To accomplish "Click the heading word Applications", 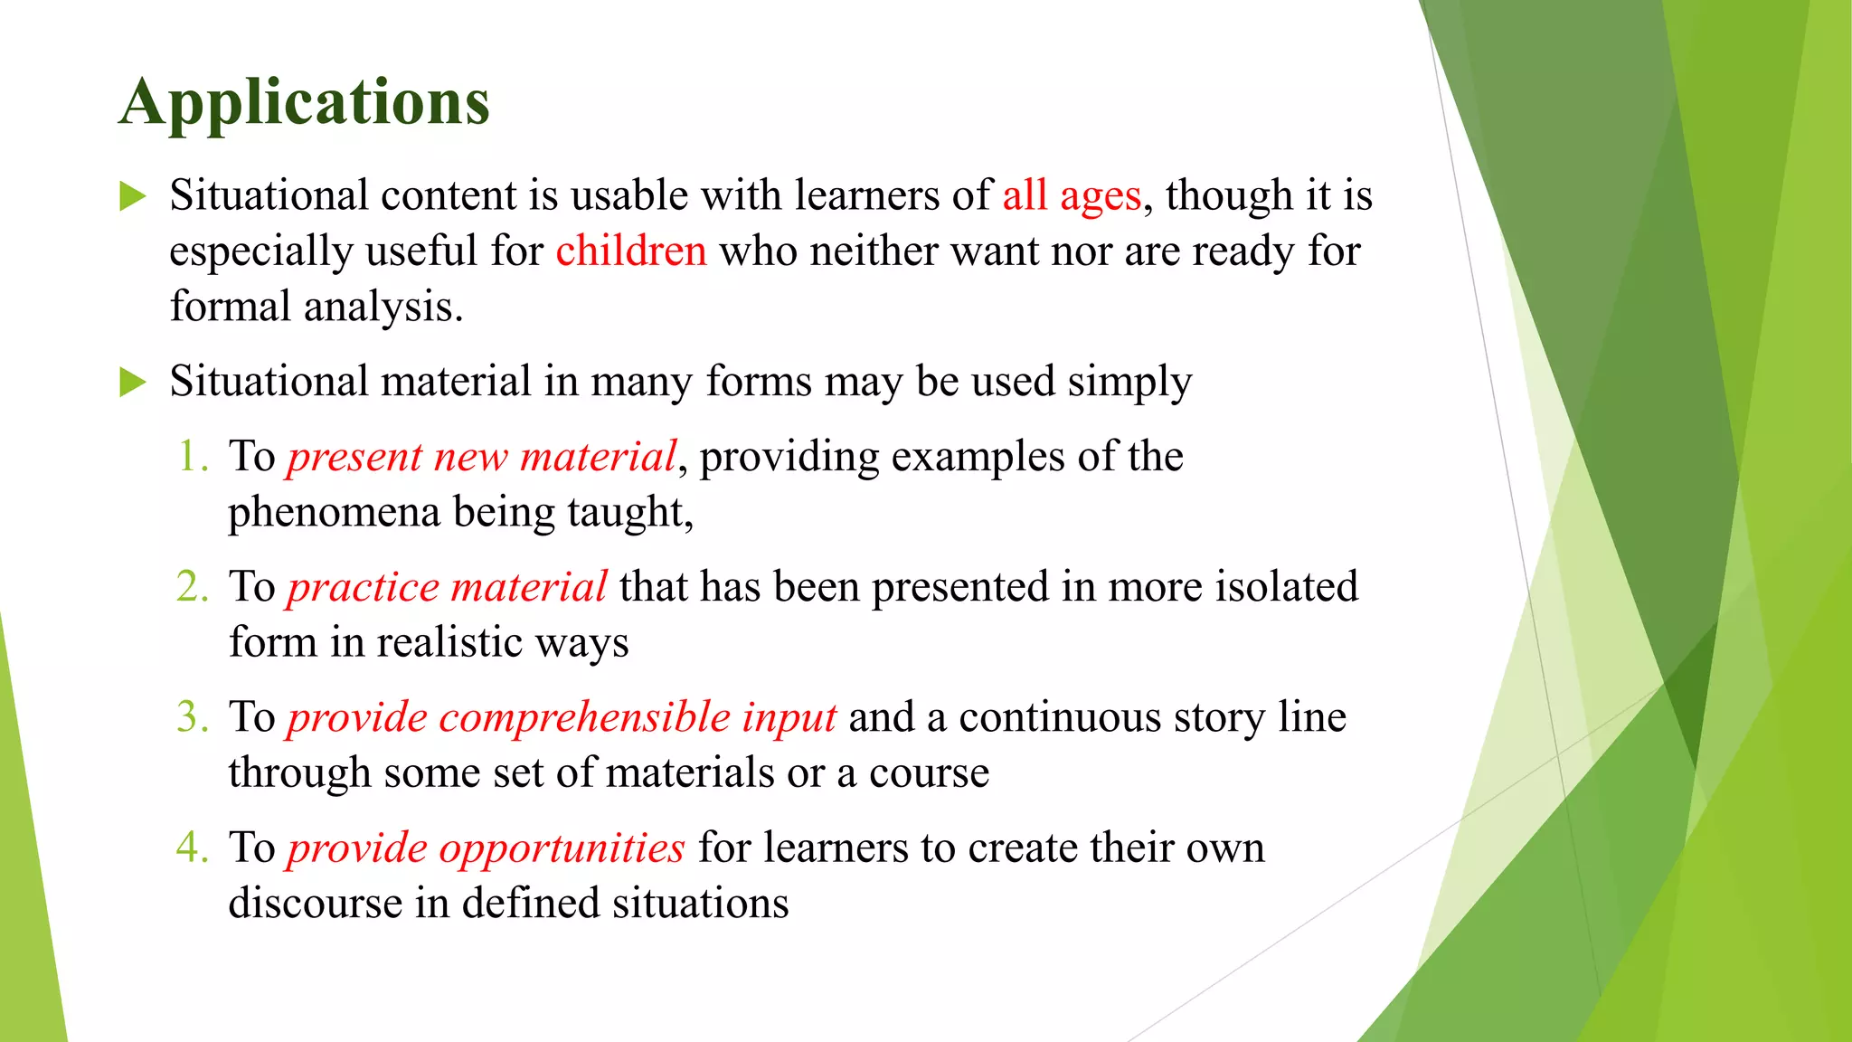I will click(x=304, y=102).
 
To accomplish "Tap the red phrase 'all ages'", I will click(x=1072, y=195).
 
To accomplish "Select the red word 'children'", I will click(x=630, y=251).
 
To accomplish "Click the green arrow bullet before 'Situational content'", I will click(x=133, y=196).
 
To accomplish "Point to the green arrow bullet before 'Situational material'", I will click(x=133, y=382).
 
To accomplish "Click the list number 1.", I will click(x=192, y=456).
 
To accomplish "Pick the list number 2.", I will click(x=192, y=586).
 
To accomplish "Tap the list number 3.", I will click(x=192, y=716).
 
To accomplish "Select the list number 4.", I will click(x=192, y=847).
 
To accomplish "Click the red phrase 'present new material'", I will click(x=482, y=457).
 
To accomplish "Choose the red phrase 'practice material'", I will click(x=447, y=587).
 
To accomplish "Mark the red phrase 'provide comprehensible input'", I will click(x=562, y=717).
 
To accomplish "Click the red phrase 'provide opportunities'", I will click(x=486, y=848).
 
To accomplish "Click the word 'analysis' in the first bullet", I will click(x=383, y=308).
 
